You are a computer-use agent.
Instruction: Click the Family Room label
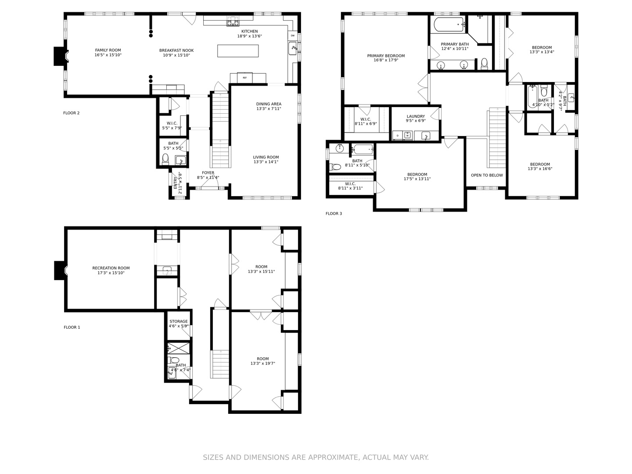pyautogui.click(x=108, y=50)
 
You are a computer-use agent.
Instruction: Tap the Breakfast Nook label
pyautogui.click(x=176, y=50)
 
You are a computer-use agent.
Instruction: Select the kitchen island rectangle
pyautogui.click(x=238, y=51)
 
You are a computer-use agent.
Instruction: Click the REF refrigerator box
pyautogui.click(x=245, y=78)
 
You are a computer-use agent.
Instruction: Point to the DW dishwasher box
pyautogui.click(x=293, y=36)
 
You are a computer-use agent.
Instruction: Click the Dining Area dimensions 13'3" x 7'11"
pyautogui.click(x=269, y=109)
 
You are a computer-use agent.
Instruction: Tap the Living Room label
pyautogui.click(x=266, y=157)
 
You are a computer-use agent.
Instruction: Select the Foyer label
pyautogui.click(x=208, y=172)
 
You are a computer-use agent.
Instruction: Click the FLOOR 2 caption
pyautogui.click(x=71, y=113)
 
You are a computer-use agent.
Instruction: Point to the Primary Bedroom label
pyautogui.click(x=386, y=56)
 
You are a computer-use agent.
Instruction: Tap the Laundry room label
pyautogui.click(x=416, y=116)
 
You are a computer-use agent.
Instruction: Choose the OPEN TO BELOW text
pyautogui.click(x=487, y=175)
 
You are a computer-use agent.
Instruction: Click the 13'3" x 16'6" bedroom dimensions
pyautogui.click(x=540, y=169)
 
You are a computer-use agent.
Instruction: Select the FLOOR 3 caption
pyautogui.click(x=334, y=214)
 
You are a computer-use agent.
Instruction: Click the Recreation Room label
pyautogui.click(x=111, y=268)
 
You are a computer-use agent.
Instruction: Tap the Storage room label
pyautogui.click(x=179, y=321)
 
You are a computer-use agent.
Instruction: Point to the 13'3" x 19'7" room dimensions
pyautogui.click(x=262, y=363)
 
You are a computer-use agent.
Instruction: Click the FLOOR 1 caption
pyautogui.click(x=72, y=327)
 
